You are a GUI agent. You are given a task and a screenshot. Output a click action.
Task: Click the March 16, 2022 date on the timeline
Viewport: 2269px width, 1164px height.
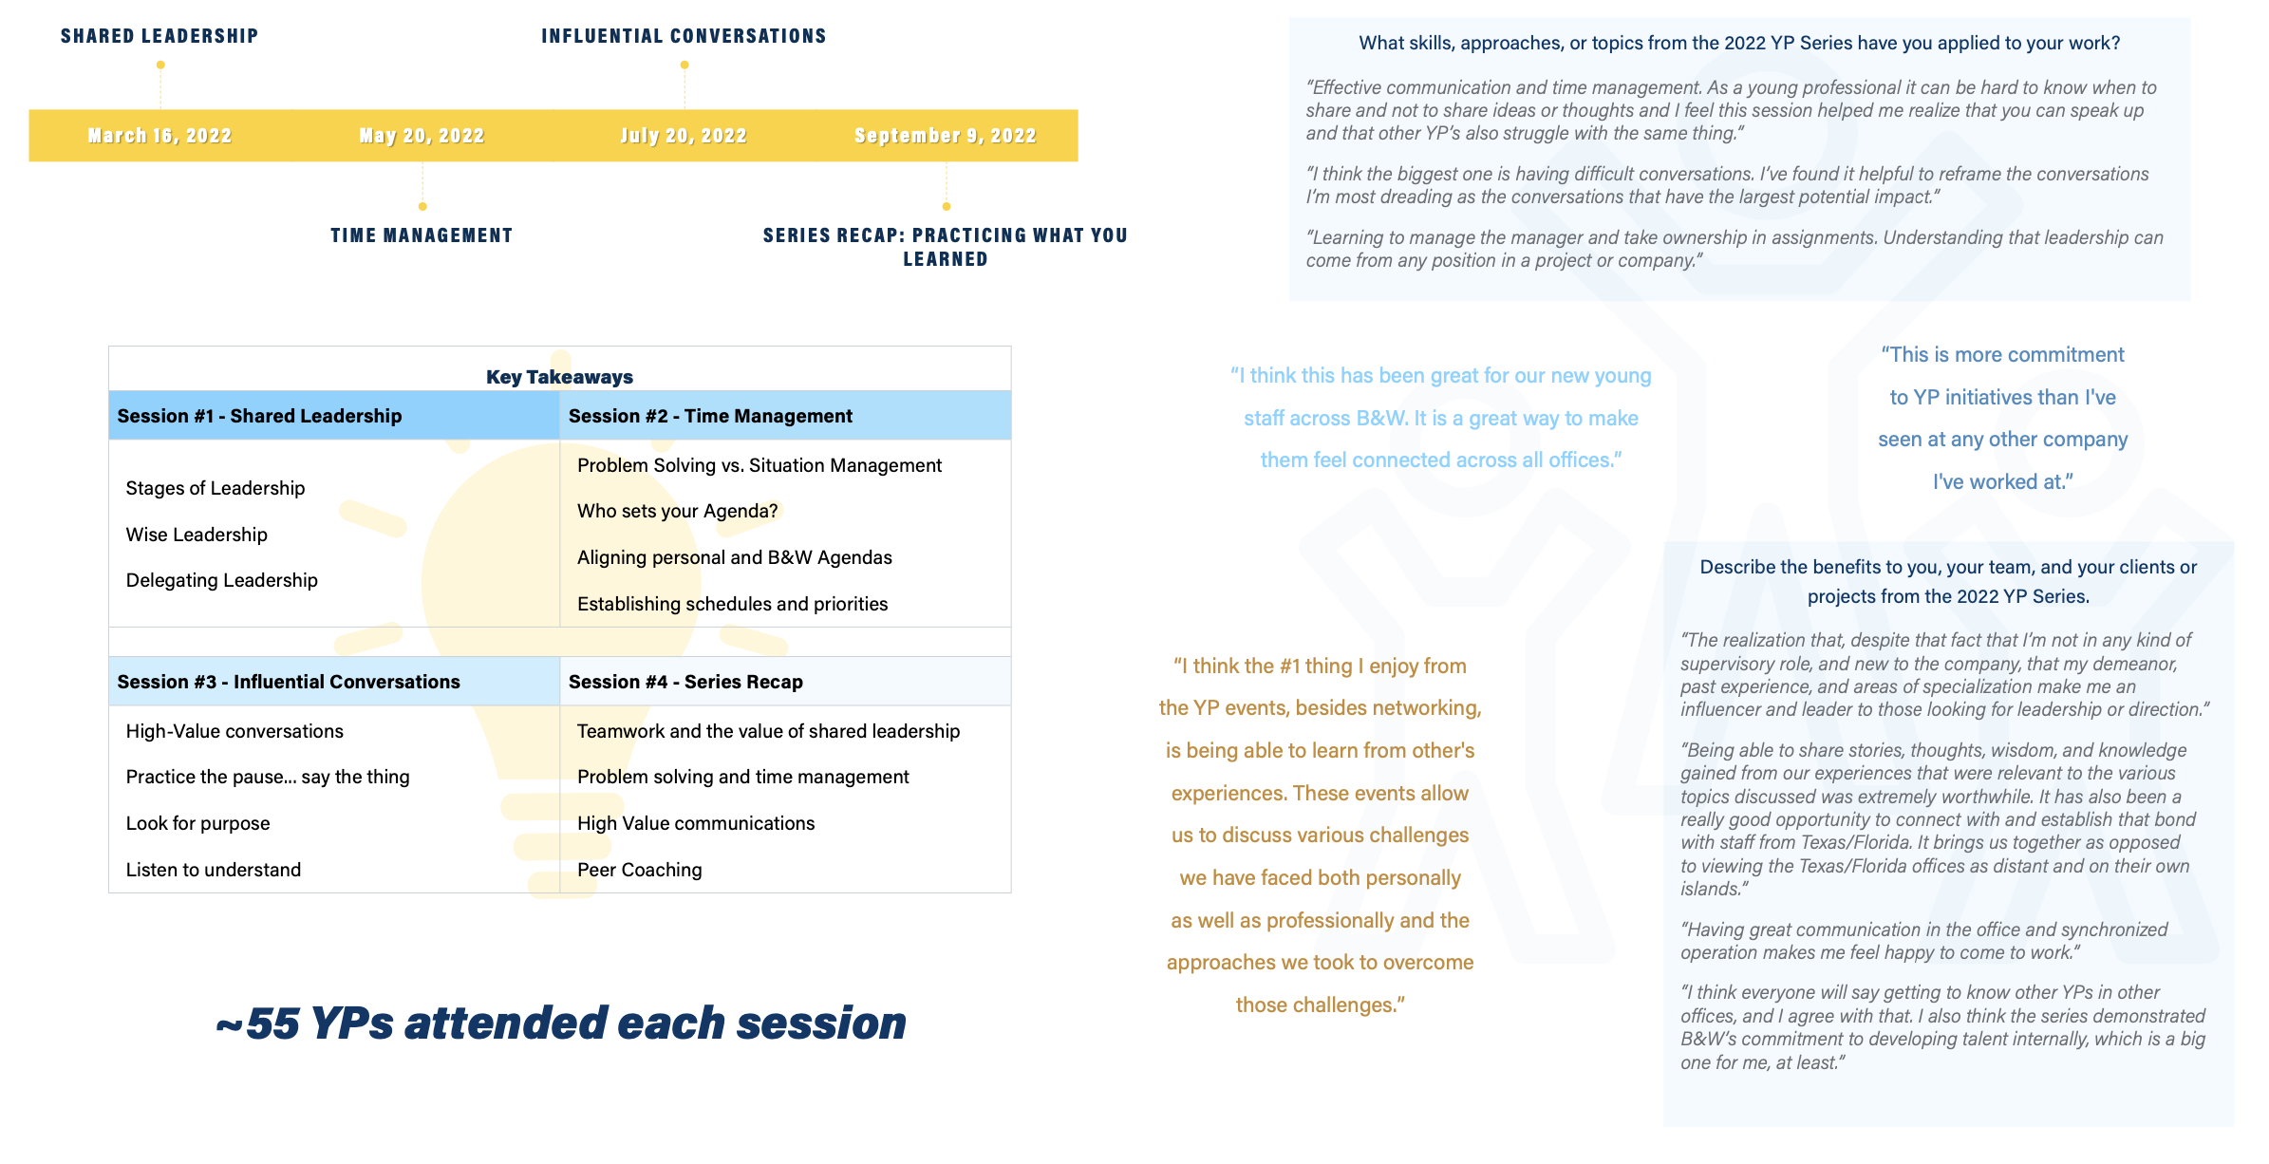[159, 136]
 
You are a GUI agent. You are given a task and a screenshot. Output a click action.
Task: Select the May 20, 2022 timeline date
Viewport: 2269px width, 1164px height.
[422, 136]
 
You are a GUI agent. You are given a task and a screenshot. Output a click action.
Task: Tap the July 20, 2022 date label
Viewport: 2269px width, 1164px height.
[684, 136]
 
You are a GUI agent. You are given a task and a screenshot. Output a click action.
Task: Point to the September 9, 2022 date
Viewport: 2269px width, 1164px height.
[945, 136]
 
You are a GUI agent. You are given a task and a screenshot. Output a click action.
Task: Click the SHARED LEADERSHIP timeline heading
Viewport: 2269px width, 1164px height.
[159, 36]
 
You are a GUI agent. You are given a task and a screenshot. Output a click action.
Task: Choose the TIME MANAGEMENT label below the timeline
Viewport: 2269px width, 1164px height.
[422, 235]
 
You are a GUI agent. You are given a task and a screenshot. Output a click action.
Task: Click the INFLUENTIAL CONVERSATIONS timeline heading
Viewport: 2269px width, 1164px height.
[684, 36]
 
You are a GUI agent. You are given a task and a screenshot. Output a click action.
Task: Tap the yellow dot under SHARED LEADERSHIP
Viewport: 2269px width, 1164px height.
[160, 66]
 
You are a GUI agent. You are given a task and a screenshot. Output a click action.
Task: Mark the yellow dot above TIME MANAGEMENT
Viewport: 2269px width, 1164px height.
[422, 206]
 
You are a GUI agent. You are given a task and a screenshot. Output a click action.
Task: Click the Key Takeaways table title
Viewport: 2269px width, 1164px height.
[559, 377]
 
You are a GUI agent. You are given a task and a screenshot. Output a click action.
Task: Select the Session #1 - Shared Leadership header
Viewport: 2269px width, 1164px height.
[259, 416]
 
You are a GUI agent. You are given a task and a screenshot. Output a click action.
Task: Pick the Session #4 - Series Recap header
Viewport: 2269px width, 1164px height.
[685, 682]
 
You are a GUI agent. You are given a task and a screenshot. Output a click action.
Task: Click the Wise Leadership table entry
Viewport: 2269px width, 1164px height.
[197, 535]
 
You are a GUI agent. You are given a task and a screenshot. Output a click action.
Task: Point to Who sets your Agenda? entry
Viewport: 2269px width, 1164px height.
[677, 511]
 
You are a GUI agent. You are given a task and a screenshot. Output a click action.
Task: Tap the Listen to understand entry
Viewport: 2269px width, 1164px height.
[213, 870]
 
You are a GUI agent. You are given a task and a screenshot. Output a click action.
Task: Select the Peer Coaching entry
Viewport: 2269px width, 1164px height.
[639, 870]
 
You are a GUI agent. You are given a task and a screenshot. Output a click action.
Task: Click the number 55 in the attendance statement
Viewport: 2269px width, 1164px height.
[273, 1023]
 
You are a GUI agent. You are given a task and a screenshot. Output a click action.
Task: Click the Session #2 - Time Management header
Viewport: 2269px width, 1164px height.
[710, 416]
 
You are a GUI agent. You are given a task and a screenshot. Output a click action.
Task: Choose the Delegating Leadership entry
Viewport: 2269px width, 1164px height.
[221, 580]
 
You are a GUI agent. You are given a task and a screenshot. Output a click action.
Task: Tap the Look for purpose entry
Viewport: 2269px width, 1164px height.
[197, 823]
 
